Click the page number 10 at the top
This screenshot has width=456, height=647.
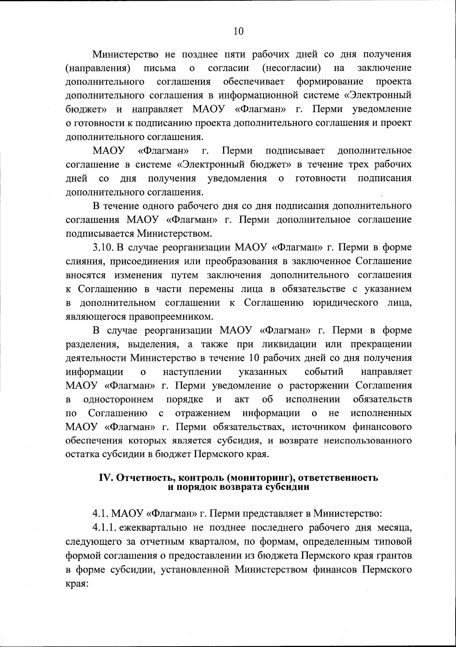click(x=239, y=31)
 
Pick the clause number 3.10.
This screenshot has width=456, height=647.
click(x=103, y=248)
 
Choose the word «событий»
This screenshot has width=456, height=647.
click(x=324, y=372)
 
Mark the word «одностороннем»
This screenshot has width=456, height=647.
click(x=118, y=399)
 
